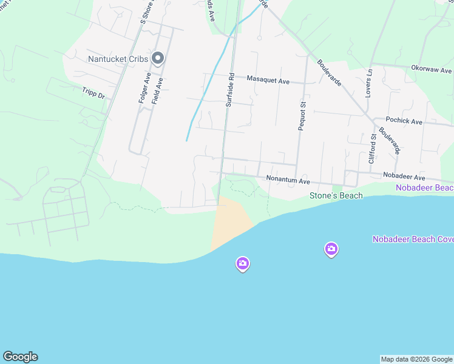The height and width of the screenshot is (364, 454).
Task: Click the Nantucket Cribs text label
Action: coord(118,59)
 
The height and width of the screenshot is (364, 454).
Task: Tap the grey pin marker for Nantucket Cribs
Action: coord(158,58)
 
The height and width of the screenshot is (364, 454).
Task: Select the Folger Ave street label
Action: coord(144,88)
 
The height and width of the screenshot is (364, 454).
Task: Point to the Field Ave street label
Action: coord(157,91)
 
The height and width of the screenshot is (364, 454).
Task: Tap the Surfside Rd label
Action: coord(229,90)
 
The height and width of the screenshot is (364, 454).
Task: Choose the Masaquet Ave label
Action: coord(268,79)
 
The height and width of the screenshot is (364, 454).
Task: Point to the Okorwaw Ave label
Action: coord(432,69)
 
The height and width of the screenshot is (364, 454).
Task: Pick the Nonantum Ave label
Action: coord(288,180)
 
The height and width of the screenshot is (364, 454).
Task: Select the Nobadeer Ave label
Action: coord(404,177)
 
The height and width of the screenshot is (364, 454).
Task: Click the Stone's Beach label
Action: coord(336,195)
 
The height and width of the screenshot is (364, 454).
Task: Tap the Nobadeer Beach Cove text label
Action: coord(413,239)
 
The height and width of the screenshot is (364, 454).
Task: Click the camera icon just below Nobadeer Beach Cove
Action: coord(331,249)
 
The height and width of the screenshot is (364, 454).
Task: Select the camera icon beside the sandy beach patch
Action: coord(243,263)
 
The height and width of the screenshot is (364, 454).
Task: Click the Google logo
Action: coord(20,357)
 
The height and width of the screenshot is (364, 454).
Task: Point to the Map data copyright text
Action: coord(416,359)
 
